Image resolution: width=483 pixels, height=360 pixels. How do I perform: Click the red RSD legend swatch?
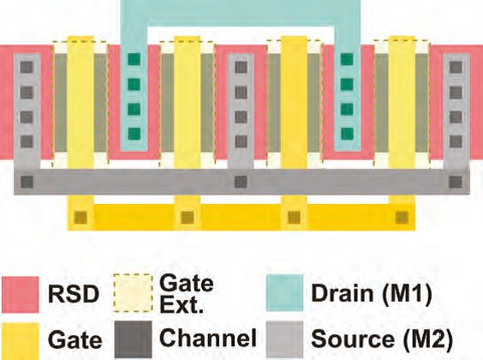[21, 295]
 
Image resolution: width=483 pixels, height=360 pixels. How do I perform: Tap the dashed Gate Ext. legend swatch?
[133, 293]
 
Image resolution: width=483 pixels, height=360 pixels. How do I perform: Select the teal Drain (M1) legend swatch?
[284, 293]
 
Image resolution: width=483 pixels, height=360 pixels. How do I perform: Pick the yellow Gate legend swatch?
[21, 341]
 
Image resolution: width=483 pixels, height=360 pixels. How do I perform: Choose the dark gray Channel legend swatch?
[133, 340]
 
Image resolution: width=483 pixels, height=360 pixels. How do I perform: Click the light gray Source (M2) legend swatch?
[284, 340]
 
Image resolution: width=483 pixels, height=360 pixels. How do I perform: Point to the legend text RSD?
[74, 294]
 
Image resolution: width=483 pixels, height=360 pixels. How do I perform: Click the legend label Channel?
[208, 338]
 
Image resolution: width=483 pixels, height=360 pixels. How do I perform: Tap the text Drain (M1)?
[372, 293]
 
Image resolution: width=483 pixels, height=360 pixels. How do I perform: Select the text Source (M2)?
[382, 339]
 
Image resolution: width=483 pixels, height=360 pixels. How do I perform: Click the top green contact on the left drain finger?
[134, 59]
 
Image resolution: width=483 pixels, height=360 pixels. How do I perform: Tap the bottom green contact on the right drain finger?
[347, 134]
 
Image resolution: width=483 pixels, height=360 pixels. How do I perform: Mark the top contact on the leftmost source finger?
[27, 67]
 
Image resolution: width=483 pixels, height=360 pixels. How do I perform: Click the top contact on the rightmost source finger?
[456, 67]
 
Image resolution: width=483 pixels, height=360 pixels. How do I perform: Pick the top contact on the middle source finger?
[241, 67]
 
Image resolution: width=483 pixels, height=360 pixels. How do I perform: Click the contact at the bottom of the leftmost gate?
[80, 218]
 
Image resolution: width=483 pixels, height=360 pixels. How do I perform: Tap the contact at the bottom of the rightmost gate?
[402, 218]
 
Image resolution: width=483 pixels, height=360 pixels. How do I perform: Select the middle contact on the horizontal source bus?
[241, 182]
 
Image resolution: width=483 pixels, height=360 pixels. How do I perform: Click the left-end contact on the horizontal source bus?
[27, 182]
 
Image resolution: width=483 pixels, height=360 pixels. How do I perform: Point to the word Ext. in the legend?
[182, 306]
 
